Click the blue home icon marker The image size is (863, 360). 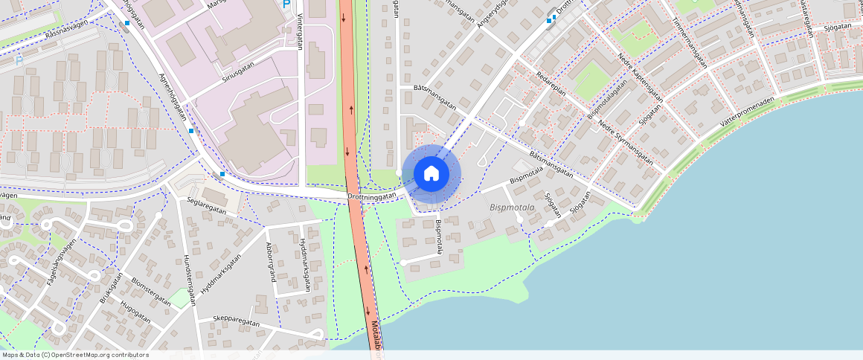click(x=431, y=173)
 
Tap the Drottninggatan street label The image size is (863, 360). click(x=371, y=196)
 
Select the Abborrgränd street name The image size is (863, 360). click(x=272, y=262)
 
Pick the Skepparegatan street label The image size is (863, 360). click(x=236, y=323)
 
